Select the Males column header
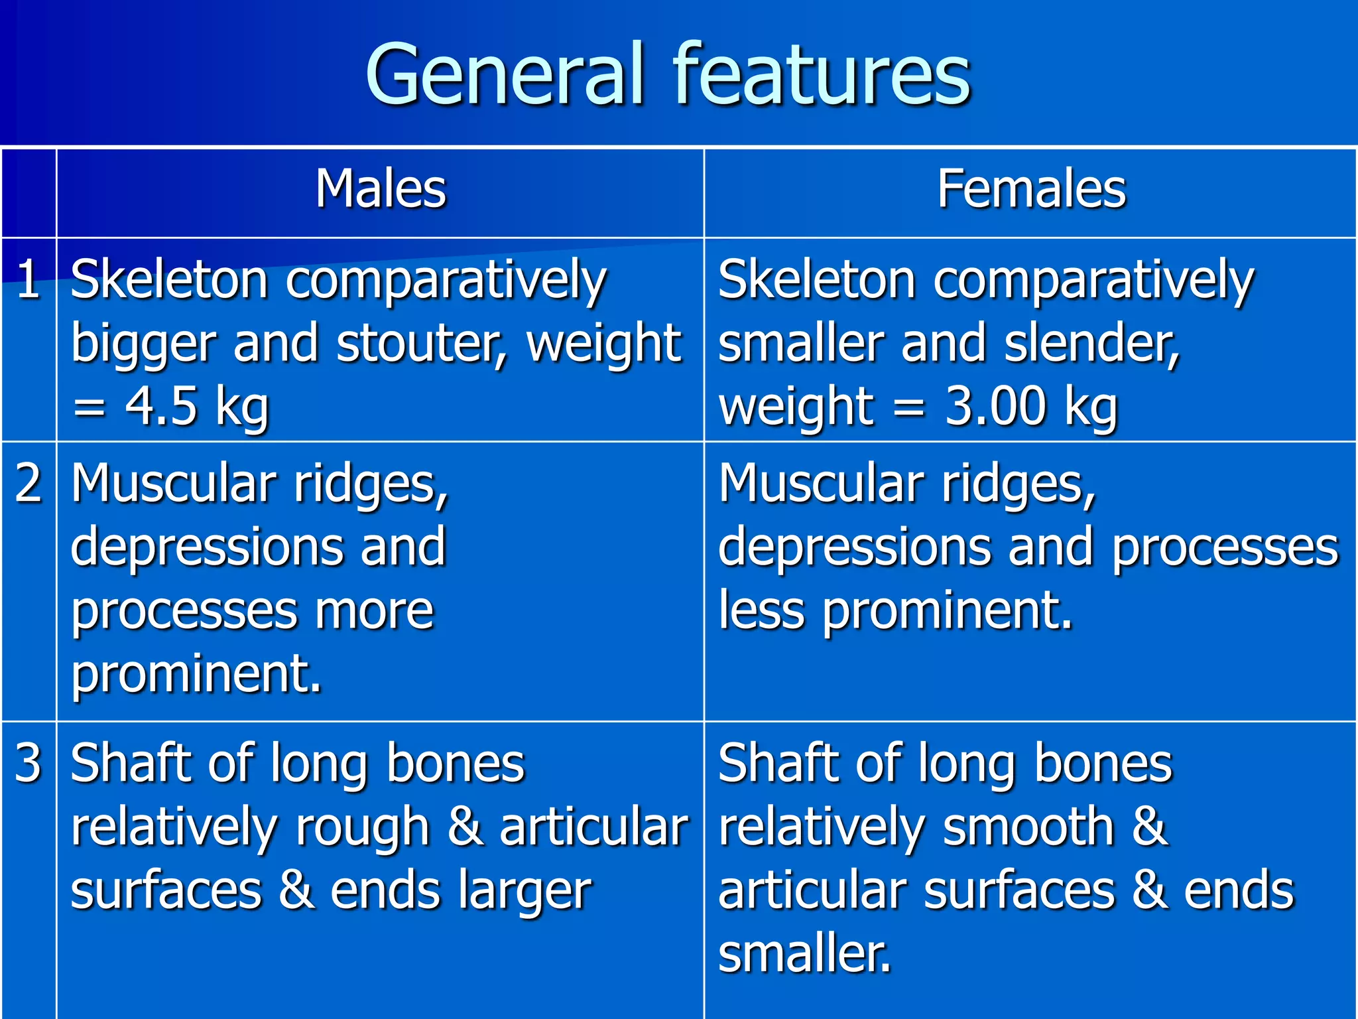pyautogui.click(x=381, y=189)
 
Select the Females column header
pyautogui.click(x=1031, y=189)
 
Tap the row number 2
pyautogui.click(x=28, y=483)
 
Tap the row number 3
pyautogui.click(x=28, y=763)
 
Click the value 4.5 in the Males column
pyautogui.click(x=162, y=406)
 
